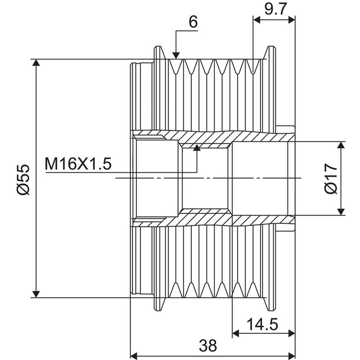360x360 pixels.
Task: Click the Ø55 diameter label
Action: (x=23, y=180)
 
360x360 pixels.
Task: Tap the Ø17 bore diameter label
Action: (x=331, y=178)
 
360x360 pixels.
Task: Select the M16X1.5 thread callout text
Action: (x=78, y=164)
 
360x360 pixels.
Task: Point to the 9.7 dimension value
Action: (x=275, y=9)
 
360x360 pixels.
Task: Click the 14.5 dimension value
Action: (x=262, y=324)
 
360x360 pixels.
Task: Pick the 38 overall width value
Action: (x=208, y=346)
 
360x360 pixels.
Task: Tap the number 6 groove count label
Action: (x=193, y=22)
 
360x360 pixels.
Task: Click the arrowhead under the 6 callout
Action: (x=176, y=55)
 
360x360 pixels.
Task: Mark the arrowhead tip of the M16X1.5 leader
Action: (x=197, y=145)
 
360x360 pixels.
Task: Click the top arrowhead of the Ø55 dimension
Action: (x=36, y=63)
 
